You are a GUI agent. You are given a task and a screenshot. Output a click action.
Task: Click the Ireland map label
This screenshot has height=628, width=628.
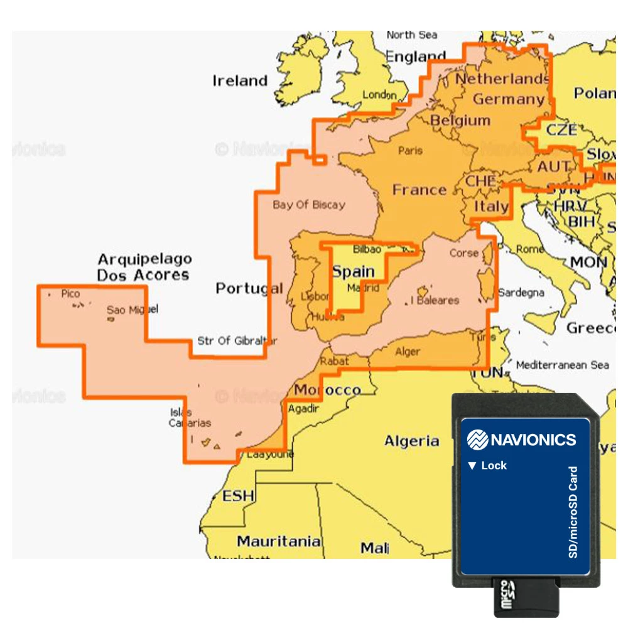click(x=240, y=81)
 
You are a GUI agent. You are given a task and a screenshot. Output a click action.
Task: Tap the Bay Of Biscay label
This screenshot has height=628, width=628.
click(x=308, y=205)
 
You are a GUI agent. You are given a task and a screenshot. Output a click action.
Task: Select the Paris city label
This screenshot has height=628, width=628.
click(x=411, y=151)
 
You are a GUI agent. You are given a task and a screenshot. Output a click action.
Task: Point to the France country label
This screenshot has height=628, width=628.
click(x=420, y=190)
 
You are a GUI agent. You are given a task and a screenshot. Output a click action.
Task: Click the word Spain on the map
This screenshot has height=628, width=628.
click(x=353, y=272)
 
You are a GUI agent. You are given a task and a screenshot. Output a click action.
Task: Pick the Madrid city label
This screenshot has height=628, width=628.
click(x=364, y=288)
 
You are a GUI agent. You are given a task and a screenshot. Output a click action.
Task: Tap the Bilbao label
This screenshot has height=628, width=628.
click(x=367, y=249)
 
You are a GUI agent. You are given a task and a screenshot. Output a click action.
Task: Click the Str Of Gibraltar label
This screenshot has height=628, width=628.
click(x=237, y=341)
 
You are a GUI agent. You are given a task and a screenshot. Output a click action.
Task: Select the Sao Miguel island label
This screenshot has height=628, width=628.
click(x=132, y=310)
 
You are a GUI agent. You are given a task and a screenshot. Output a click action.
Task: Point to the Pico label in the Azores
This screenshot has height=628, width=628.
click(x=70, y=293)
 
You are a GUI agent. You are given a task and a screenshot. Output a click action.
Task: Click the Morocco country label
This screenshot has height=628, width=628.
click(x=327, y=390)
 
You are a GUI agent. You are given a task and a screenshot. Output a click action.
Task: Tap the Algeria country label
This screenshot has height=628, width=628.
click(x=411, y=441)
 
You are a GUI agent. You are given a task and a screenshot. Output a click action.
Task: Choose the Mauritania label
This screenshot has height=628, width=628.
click(x=278, y=541)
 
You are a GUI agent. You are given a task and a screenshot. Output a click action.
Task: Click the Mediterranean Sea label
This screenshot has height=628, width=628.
click(x=562, y=365)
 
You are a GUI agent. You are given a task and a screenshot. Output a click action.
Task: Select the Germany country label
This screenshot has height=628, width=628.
click(x=508, y=99)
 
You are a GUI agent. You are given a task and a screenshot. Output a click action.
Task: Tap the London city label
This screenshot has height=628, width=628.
click(x=380, y=95)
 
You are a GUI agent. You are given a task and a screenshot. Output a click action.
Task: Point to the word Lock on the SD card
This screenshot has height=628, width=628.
click(x=494, y=466)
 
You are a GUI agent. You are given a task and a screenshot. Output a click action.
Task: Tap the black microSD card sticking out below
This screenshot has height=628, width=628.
click(x=526, y=596)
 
